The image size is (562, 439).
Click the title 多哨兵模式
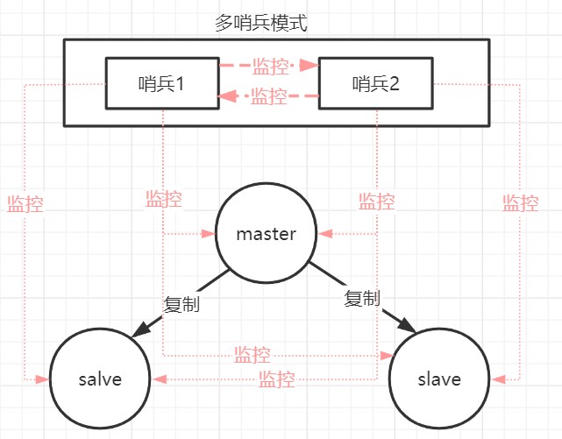[260, 23]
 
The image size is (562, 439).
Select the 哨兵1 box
[163, 84]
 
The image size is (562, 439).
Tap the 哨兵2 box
[375, 84]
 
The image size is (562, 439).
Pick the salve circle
[99, 379]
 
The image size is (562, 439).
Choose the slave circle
[439, 379]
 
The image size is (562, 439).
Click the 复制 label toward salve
[181, 305]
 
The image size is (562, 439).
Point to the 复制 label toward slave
[362, 299]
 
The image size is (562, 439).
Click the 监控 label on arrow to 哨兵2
[270, 65]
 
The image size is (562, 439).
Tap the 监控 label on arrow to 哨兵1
[268, 96]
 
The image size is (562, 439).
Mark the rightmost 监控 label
[520, 203]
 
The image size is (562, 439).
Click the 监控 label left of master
[164, 198]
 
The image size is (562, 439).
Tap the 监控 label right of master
[376, 201]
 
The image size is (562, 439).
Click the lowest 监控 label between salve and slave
[276, 379]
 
